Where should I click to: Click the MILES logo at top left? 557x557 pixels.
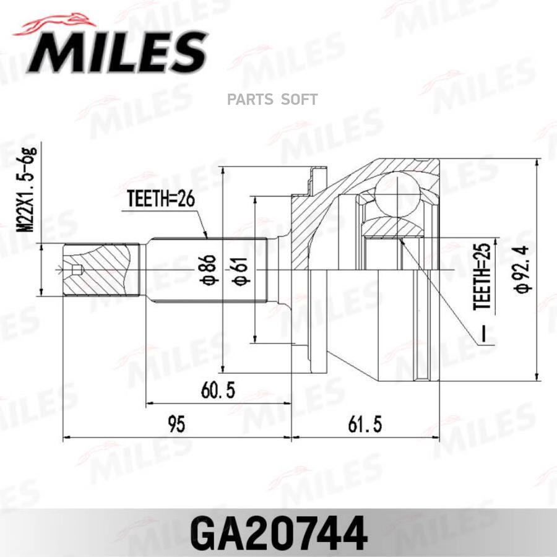pyautogui.click(x=114, y=53)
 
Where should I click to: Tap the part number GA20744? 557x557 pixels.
pyautogui.click(x=278, y=532)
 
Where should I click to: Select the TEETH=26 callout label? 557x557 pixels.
pyautogui.click(x=161, y=199)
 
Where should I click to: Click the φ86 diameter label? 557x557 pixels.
pyautogui.click(x=211, y=270)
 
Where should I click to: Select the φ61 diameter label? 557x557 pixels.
pyautogui.click(x=243, y=270)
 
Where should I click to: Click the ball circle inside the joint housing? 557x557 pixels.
pyautogui.click(x=397, y=194)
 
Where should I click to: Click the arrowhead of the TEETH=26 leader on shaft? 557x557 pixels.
pyautogui.click(x=206, y=236)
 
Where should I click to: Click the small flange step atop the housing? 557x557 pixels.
pyautogui.click(x=316, y=176)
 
